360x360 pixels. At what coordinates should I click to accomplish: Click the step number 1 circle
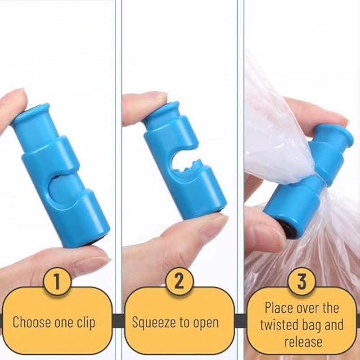point(57,283)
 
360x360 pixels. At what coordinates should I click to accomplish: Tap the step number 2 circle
point(179,282)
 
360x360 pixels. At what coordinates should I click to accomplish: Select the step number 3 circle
point(301,282)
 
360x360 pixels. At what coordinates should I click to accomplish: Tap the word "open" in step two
point(204,322)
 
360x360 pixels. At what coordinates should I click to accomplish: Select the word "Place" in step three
point(279,308)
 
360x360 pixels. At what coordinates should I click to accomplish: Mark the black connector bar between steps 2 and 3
point(240,320)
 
